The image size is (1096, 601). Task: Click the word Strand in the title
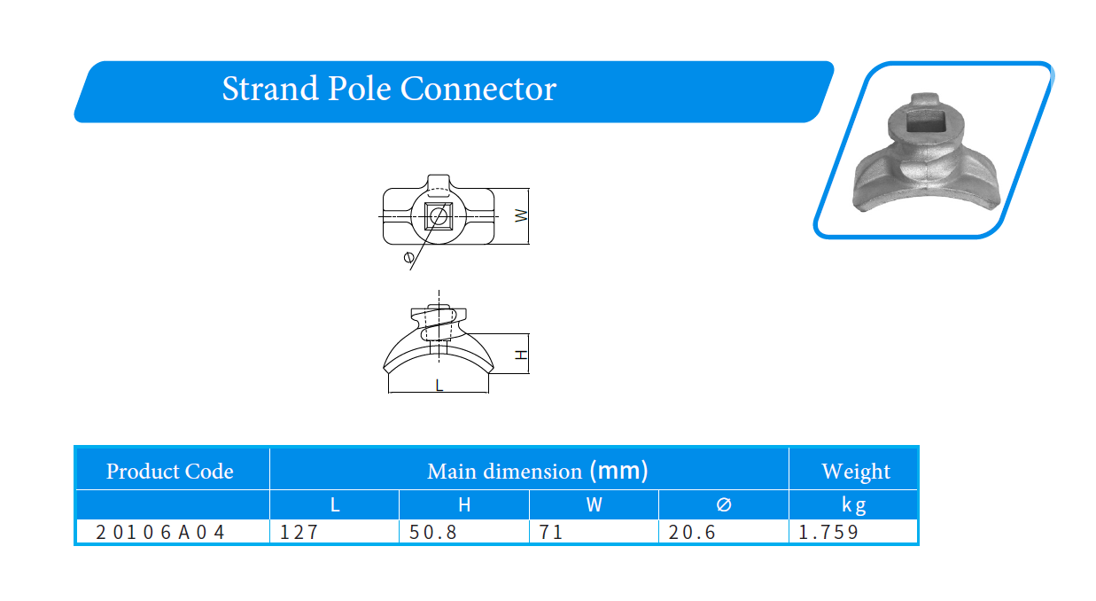coord(270,89)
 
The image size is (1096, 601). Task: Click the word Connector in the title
coord(478,89)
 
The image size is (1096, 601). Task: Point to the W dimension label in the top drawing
coord(521,215)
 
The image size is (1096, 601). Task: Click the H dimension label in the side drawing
coord(522,355)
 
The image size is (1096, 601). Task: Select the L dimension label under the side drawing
coord(439,386)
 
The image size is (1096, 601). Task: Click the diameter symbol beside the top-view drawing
coord(408,256)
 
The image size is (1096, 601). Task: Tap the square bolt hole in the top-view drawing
coord(439,215)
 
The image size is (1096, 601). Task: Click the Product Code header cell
coord(170,471)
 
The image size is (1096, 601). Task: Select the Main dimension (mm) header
coord(537,471)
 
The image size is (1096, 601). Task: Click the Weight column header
coord(856,471)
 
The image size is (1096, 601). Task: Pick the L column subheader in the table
coord(335,504)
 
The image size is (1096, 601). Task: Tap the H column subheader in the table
coord(464,504)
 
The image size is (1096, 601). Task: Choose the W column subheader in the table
coord(594,504)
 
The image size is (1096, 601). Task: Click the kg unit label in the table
coord(854,505)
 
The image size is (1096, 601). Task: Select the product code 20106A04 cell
coord(160,533)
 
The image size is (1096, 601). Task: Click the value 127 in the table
coord(299,533)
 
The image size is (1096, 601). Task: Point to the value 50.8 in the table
coord(432,533)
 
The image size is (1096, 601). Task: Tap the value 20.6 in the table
coord(692,533)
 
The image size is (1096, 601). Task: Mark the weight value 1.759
coord(828,533)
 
